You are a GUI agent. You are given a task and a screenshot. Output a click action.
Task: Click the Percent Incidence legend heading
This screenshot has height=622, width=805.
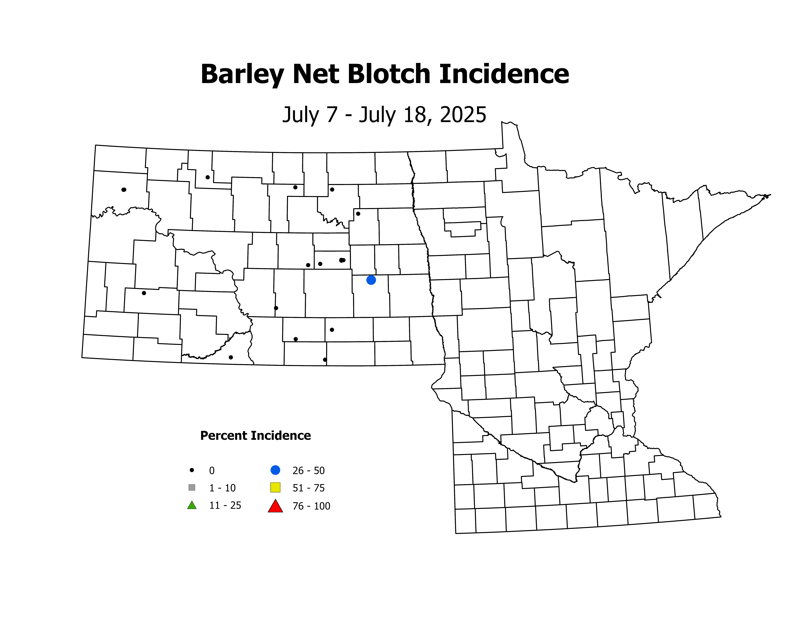click(x=255, y=436)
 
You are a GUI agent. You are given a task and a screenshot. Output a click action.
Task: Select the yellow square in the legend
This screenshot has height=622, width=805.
click(x=275, y=487)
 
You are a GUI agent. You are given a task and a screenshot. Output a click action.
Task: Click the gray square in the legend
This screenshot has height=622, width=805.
click(x=192, y=487)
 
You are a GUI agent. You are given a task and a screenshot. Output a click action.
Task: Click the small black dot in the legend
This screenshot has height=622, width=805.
click(x=192, y=470)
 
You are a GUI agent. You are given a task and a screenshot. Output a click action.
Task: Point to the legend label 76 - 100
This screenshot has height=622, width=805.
click(x=312, y=506)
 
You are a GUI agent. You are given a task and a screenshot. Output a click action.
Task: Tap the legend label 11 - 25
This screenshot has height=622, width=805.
click(x=225, y=506)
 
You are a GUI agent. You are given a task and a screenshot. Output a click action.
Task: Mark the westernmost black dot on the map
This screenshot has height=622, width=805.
click(x=124, y=190)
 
